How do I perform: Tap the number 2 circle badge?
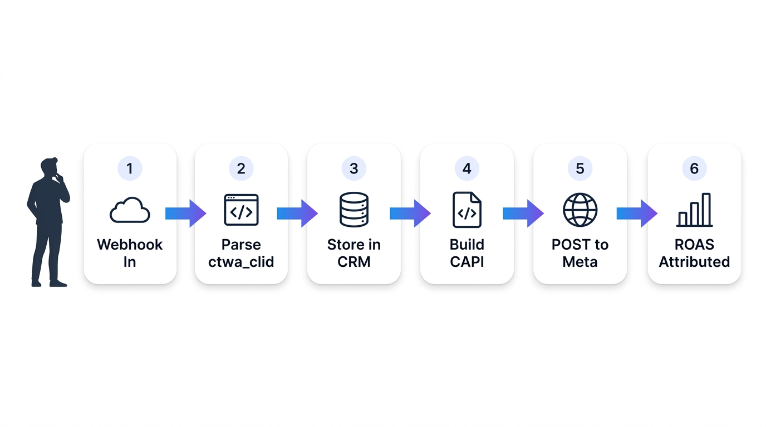(x=241, y=168)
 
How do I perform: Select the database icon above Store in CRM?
(x=354, y=210)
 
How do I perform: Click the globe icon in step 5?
(x=580, y=210)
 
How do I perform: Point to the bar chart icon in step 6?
(x=694, y=210)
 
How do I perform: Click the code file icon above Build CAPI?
(x=467, y=210)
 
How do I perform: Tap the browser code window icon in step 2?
(x=241, y=210)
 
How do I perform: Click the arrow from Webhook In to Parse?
(x=186, y=213)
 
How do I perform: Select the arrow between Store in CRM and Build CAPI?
(x=410, y=213)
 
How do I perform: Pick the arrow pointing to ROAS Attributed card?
(x=637, y=213)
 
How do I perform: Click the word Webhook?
(x=130, y=245)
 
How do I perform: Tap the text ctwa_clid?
(x=241, y=262)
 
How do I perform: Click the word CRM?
(x=354, y=262)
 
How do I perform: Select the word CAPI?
(x=467, y=262)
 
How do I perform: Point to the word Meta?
(x=580, y=262)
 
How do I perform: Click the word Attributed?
(x=694, y=262)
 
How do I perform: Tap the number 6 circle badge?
(x=694, y=168)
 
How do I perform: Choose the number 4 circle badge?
(x=467, y=168)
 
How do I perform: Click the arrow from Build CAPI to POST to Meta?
(x=523, y=213)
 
